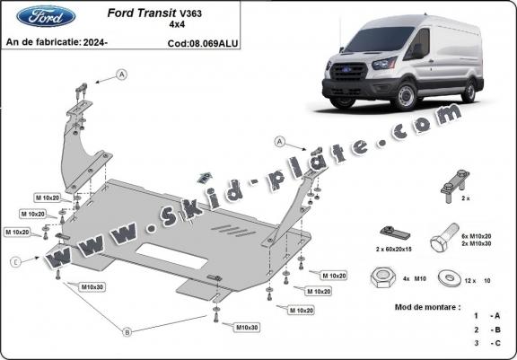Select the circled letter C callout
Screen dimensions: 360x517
[15, 262]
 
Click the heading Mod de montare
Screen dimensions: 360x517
[426, 307]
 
